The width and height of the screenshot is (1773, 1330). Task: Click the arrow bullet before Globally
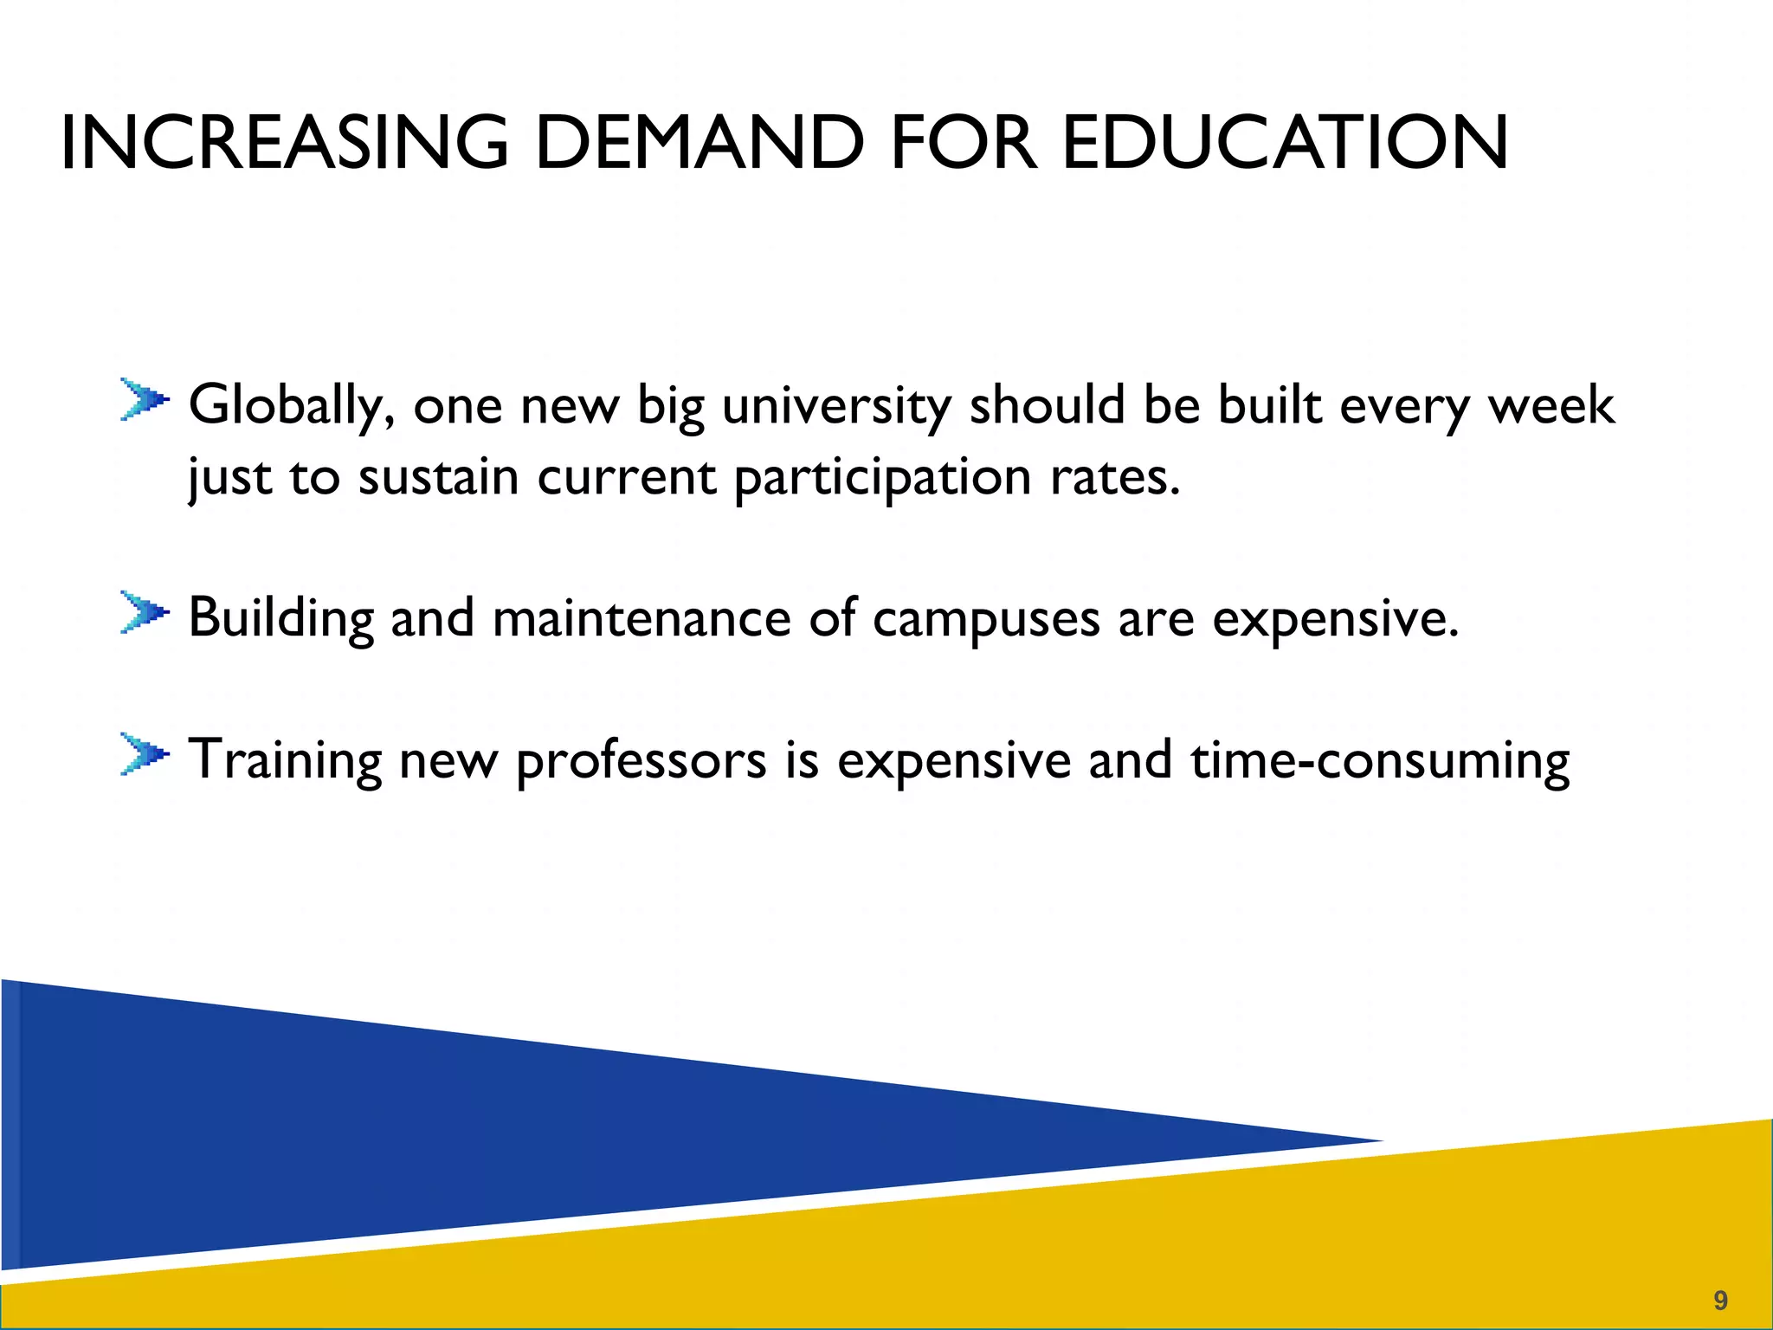(144, 400)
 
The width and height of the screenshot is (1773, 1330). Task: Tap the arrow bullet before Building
(144, 613)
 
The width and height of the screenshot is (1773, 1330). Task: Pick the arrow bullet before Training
(144, 755)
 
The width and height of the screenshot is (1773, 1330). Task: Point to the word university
(836, 405)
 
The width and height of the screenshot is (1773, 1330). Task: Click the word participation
(883, 478)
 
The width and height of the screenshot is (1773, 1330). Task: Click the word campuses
(986, 620)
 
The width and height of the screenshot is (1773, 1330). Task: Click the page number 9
(1720, 1300)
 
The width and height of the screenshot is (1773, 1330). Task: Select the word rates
(1115, 478)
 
